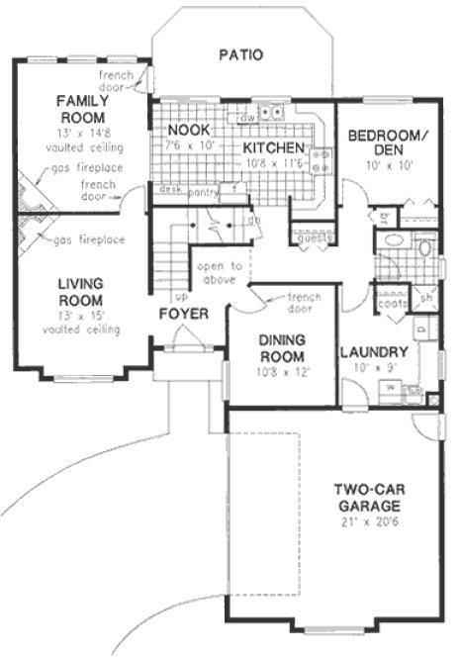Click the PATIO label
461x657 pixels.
click(x=240, y=55)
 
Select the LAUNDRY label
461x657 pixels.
click(x=374, y=352)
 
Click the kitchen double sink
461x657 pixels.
click(x=274, y=112)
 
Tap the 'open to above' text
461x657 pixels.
click(x=222, y=272)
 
